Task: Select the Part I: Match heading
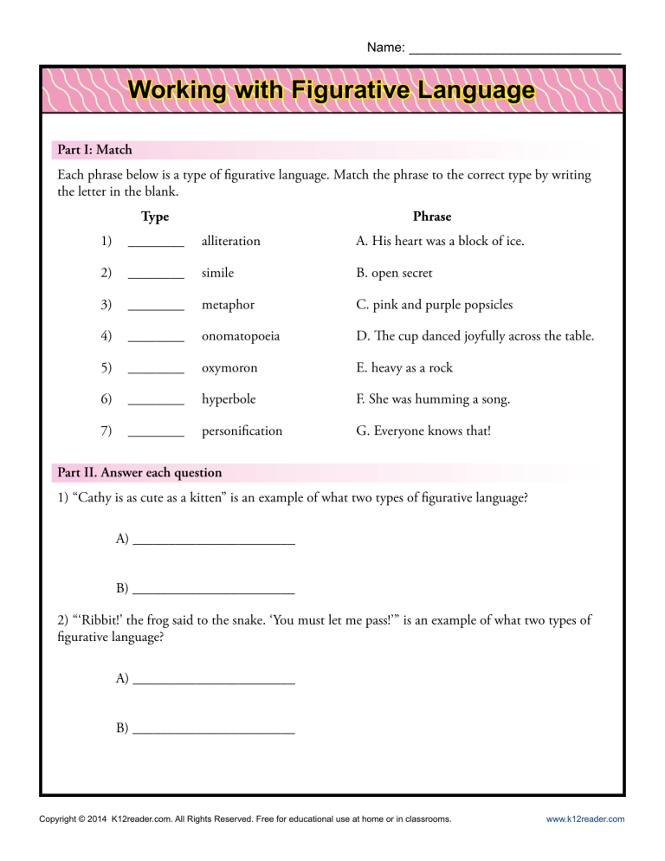point(94,150)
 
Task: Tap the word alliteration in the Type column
point(230,241)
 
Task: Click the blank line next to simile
point(156,275)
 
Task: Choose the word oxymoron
point(229,368)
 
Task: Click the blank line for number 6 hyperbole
point(156,402)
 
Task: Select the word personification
point(242,430)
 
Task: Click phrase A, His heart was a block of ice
point(440,241)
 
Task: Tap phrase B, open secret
point(394,273)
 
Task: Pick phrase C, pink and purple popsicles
point(434,305)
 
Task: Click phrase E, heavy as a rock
point(404,368)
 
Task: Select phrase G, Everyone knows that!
point(423,430)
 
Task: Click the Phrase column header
point(432,217)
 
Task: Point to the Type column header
point(155,217)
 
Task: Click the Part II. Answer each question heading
point(139,473)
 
